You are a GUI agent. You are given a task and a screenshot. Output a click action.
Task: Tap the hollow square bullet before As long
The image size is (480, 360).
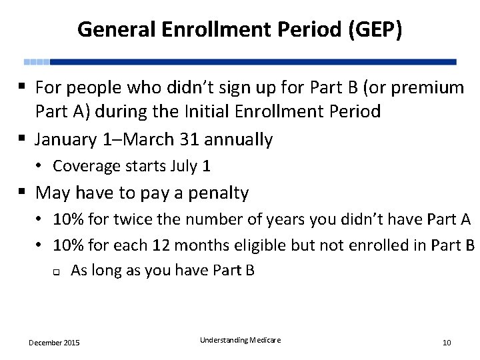click(x=57, y=271)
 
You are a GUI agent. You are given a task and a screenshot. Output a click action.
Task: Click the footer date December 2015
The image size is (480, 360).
click(x=54, y=343)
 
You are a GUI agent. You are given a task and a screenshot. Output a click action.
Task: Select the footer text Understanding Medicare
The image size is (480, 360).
click(x=240, y=340)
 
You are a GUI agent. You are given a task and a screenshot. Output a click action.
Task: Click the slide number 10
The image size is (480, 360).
click(x=447, y=343)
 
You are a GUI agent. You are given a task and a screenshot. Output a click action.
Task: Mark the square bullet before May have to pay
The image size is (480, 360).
click(x=23, y=193)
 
